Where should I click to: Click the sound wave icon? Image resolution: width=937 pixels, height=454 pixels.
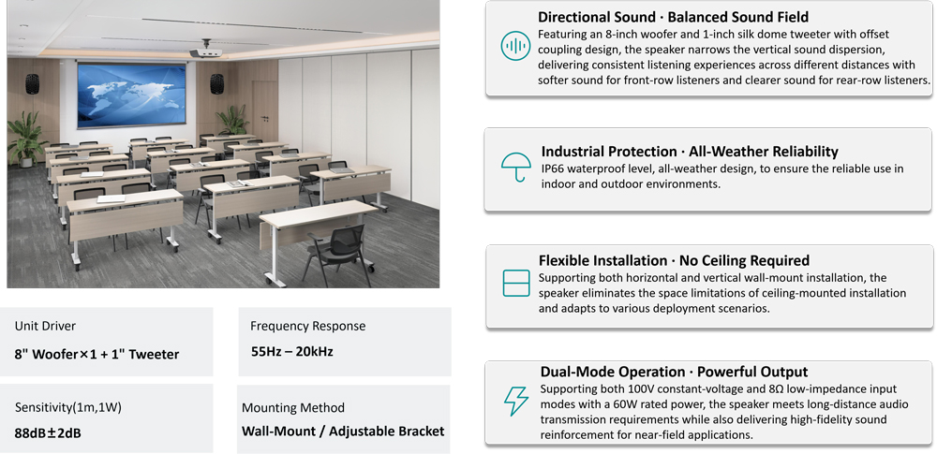click(515, 46)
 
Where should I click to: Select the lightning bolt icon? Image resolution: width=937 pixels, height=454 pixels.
click(515, 401)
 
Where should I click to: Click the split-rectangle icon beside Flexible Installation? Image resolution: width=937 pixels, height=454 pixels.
click(515, 283)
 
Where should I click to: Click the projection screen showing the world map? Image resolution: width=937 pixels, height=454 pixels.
click(131, 95)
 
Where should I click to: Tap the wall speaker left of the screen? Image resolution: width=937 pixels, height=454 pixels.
click(32, 83)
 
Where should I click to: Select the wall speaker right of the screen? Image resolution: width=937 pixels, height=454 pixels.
click(216, 83)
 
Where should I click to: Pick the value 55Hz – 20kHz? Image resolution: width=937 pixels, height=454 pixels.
click(291, 351)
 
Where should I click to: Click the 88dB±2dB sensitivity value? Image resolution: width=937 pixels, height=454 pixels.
click(48, 432)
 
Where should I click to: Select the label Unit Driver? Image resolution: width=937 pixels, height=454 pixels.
click(45, 326)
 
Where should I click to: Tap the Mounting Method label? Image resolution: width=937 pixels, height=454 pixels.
click(292, 407)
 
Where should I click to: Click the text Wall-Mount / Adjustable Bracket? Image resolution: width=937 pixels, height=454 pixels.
click(343, 431)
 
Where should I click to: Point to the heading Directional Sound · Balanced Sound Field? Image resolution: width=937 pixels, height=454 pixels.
click(673, 17)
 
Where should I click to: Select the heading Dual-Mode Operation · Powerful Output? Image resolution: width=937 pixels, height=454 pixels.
click(674, 372)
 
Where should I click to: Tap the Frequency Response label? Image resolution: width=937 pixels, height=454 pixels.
click(307, 326)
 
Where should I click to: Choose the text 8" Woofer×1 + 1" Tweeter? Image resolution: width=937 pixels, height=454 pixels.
click(97, 354)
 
